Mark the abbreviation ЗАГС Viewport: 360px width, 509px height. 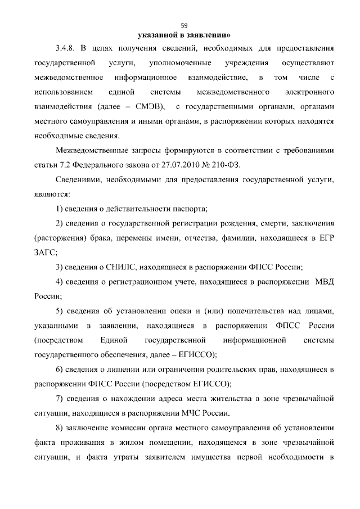tap(46, 253)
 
